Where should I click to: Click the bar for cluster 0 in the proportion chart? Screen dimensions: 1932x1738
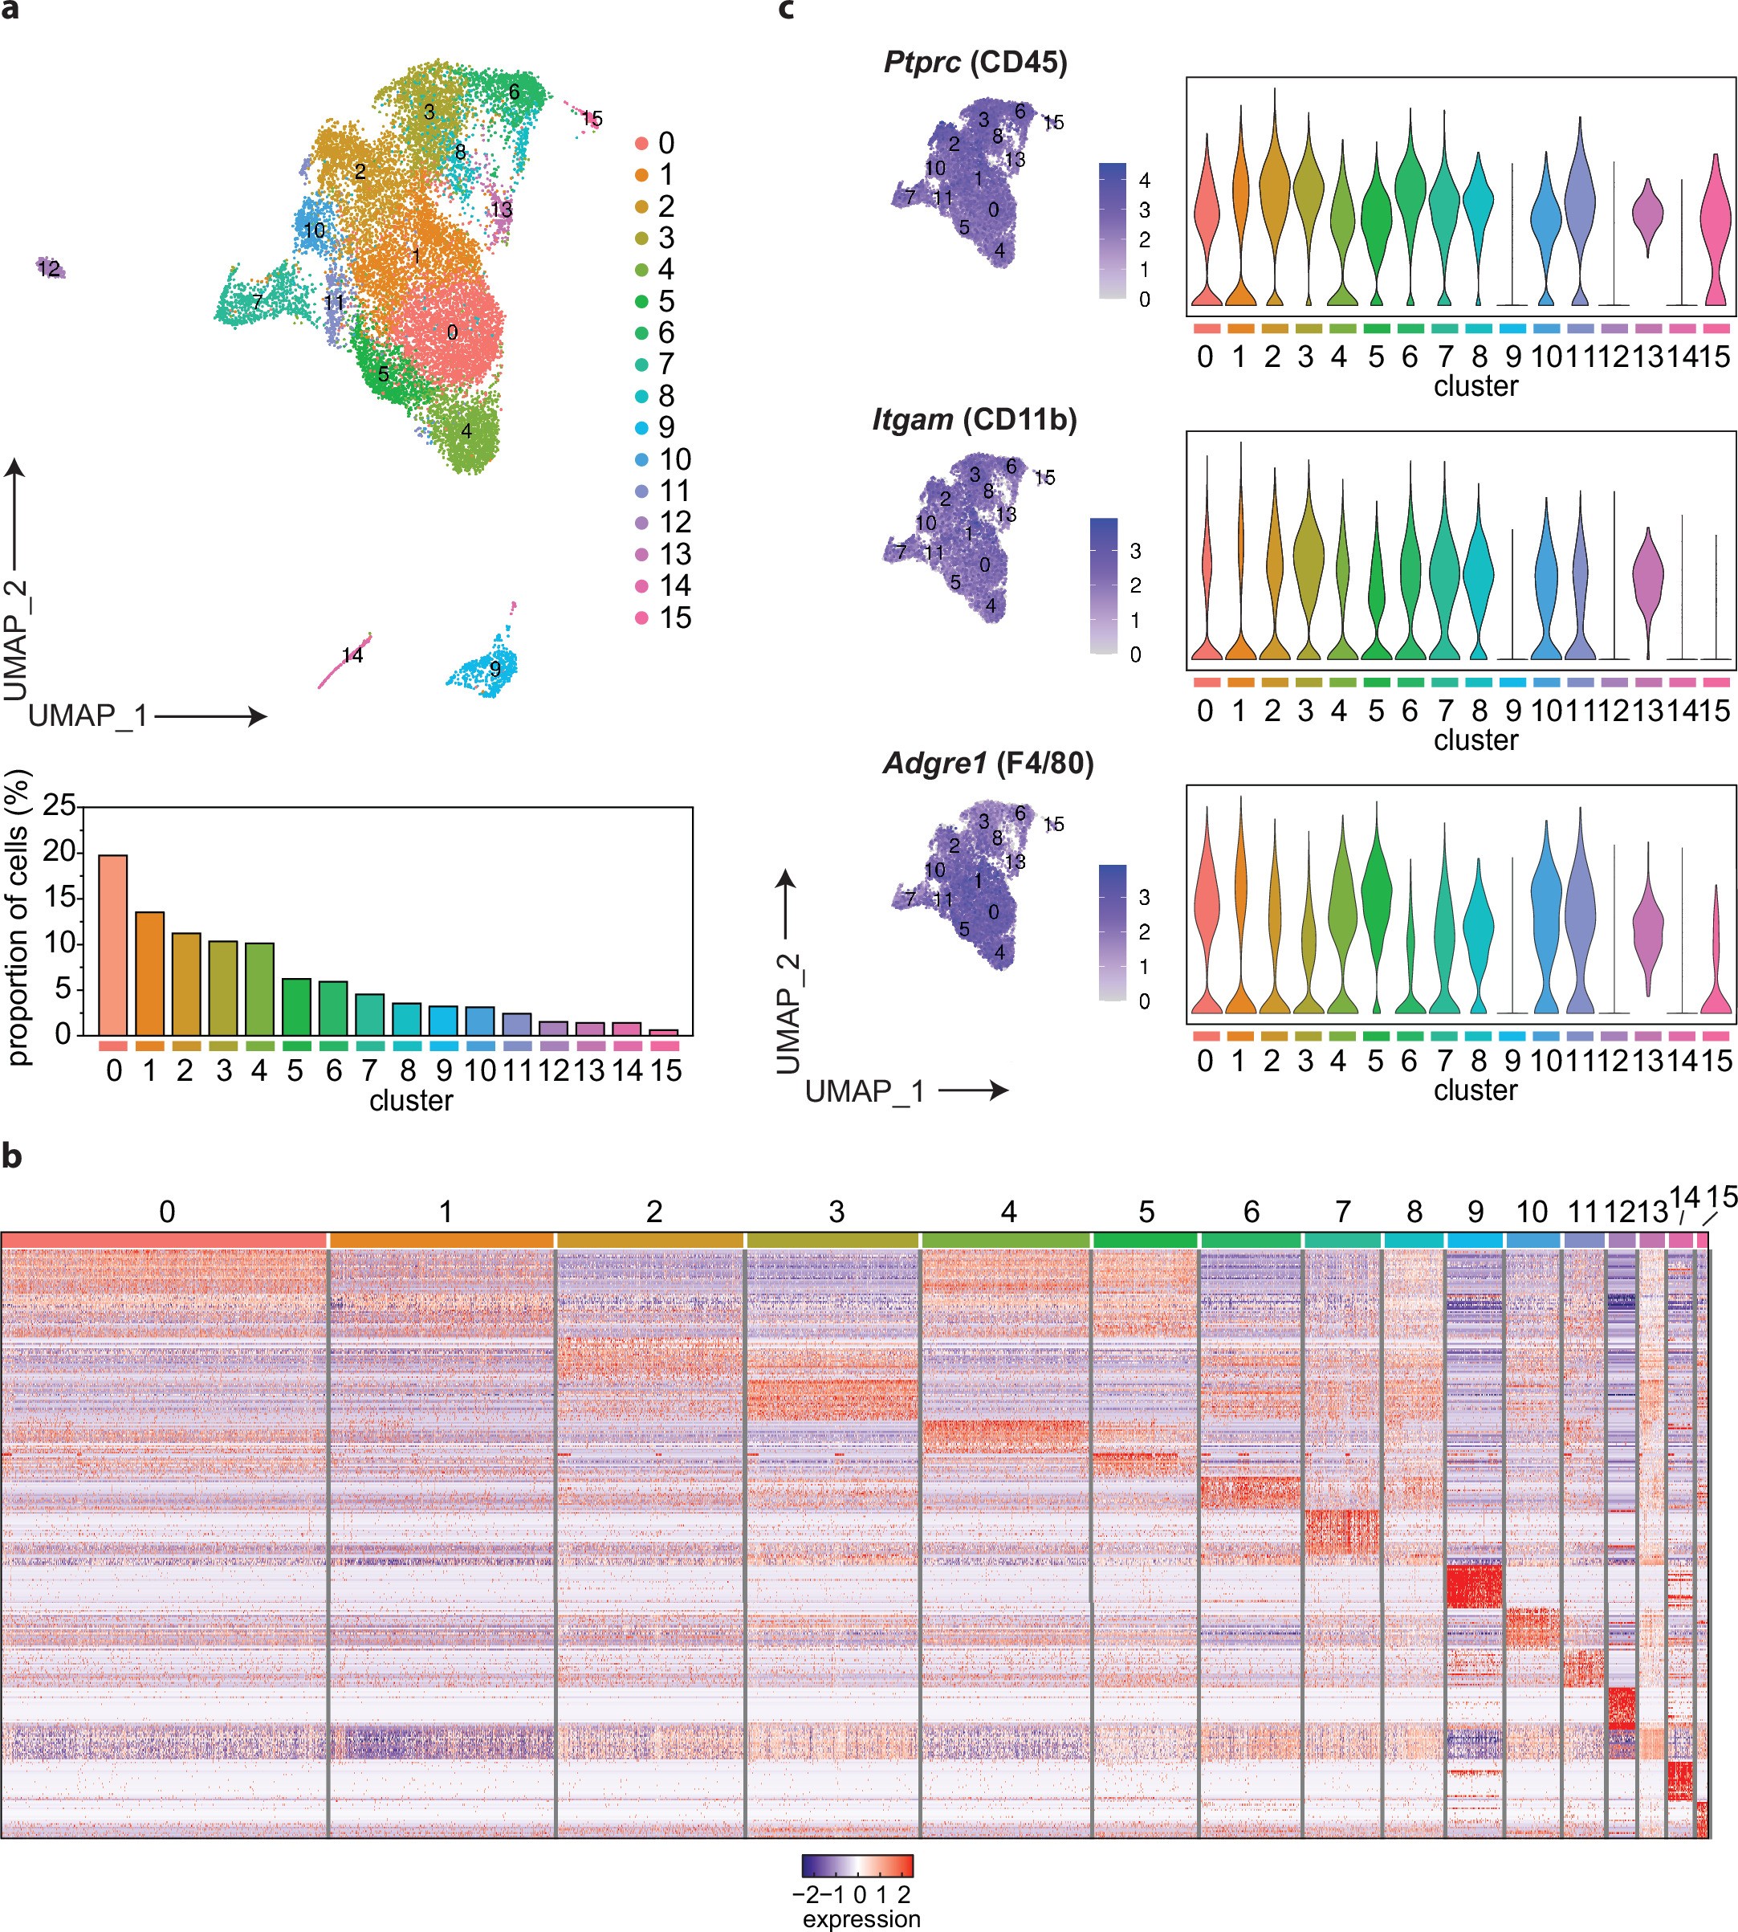tap(112, 944)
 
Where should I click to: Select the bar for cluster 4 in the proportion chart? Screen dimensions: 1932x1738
tap(258, 988)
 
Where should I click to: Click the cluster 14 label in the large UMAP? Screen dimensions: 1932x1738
tap(352, 655)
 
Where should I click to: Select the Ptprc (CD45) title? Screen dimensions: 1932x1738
tap(975, 63)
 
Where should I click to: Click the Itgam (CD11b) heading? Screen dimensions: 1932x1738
tap(974, 419)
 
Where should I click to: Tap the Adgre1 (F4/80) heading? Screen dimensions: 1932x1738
tap(987, 763)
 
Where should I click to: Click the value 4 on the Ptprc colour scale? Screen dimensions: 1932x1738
tap(1144, 181)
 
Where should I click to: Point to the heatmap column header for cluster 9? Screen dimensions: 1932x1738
tap(1475, 1212)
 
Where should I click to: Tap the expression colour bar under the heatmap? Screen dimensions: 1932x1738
tap(857, 1866)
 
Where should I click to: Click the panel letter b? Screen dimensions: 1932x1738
tap(12, 1156)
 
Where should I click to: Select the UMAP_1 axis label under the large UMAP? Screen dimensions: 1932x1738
tap(88, 715)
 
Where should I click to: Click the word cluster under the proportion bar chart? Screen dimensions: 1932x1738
tap(411, 1100)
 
